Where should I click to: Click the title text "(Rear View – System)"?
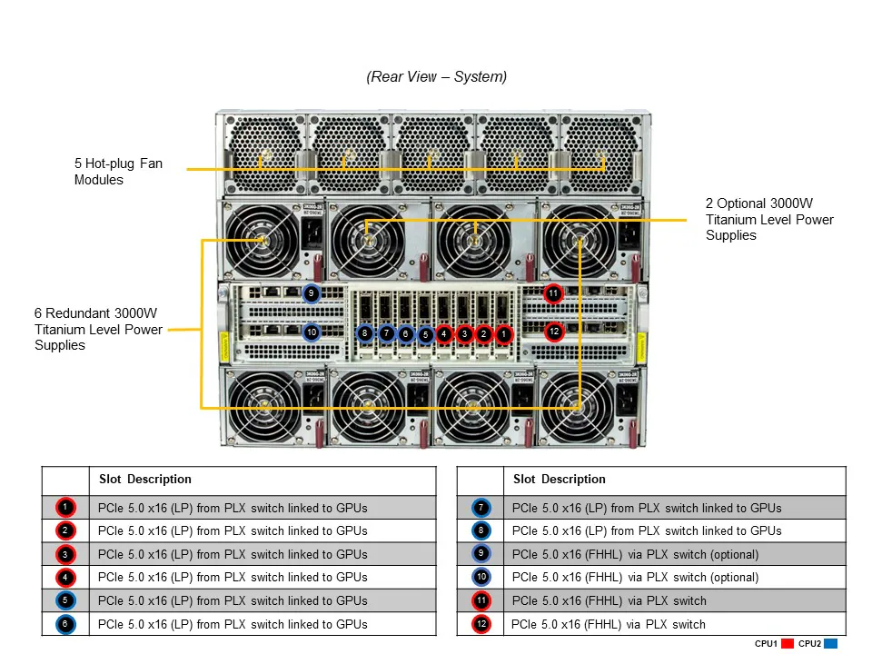[437, 77]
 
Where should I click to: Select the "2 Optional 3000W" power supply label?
[768, 219]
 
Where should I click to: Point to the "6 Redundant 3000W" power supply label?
[98, 329]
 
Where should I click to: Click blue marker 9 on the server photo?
[312, 293]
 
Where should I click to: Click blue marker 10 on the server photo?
[312, 332]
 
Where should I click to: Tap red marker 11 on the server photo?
[553, 293]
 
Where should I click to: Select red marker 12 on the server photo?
[554, 332]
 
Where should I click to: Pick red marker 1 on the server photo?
[504, 334]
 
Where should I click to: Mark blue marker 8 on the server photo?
[364, 334]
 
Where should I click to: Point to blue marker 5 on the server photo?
[425, 334]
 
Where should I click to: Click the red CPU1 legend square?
[787, 643]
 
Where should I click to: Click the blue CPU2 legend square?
[830, 643]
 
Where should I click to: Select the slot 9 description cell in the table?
[674, 554]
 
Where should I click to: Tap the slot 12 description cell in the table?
[674, 624]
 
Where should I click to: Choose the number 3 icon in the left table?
[65, 554]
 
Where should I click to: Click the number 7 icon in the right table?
[481, 508]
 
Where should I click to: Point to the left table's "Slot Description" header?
[145, 479]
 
